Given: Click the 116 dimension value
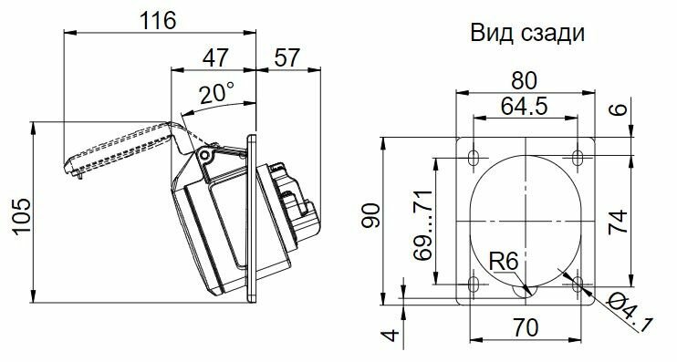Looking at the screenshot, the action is point(158,21).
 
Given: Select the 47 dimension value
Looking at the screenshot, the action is point(215,57).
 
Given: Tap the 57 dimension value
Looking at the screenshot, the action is point(286,57).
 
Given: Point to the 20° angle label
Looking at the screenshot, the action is point(217,94).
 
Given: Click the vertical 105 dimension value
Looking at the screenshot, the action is point(22,217).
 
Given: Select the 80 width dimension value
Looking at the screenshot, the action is point(524,80).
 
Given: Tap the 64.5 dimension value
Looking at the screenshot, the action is point(524,106).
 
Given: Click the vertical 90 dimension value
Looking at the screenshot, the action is point(371,215).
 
